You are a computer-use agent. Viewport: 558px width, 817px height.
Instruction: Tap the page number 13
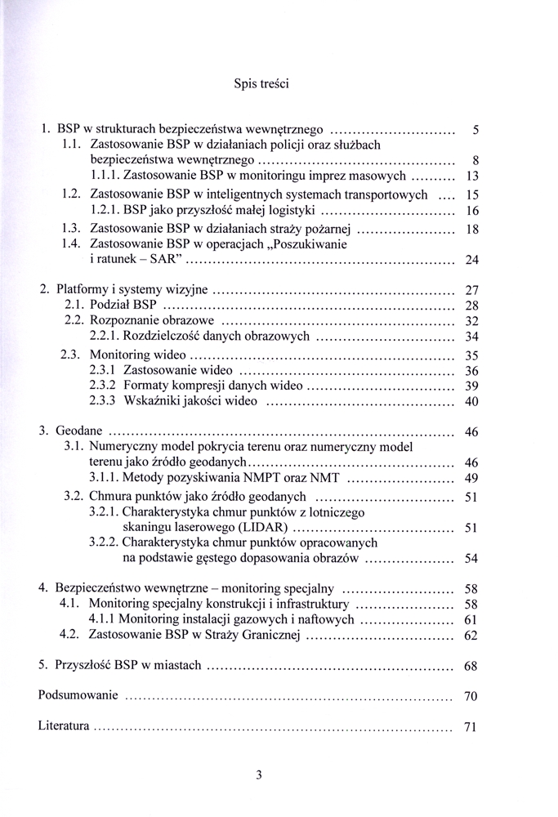471,176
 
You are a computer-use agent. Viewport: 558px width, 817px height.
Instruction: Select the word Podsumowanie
78,696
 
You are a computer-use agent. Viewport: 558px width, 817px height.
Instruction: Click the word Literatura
65,726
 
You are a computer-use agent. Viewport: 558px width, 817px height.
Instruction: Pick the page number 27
471,290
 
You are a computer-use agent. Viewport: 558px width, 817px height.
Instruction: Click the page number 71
470,727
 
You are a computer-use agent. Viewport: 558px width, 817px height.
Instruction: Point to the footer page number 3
259,776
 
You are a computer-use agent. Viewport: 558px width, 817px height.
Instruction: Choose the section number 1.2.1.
104,211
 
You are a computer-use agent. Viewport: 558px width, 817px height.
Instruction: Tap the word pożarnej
328,229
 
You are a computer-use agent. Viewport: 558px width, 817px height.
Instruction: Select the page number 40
471,401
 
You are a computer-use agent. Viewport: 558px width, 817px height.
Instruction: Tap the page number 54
471,559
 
